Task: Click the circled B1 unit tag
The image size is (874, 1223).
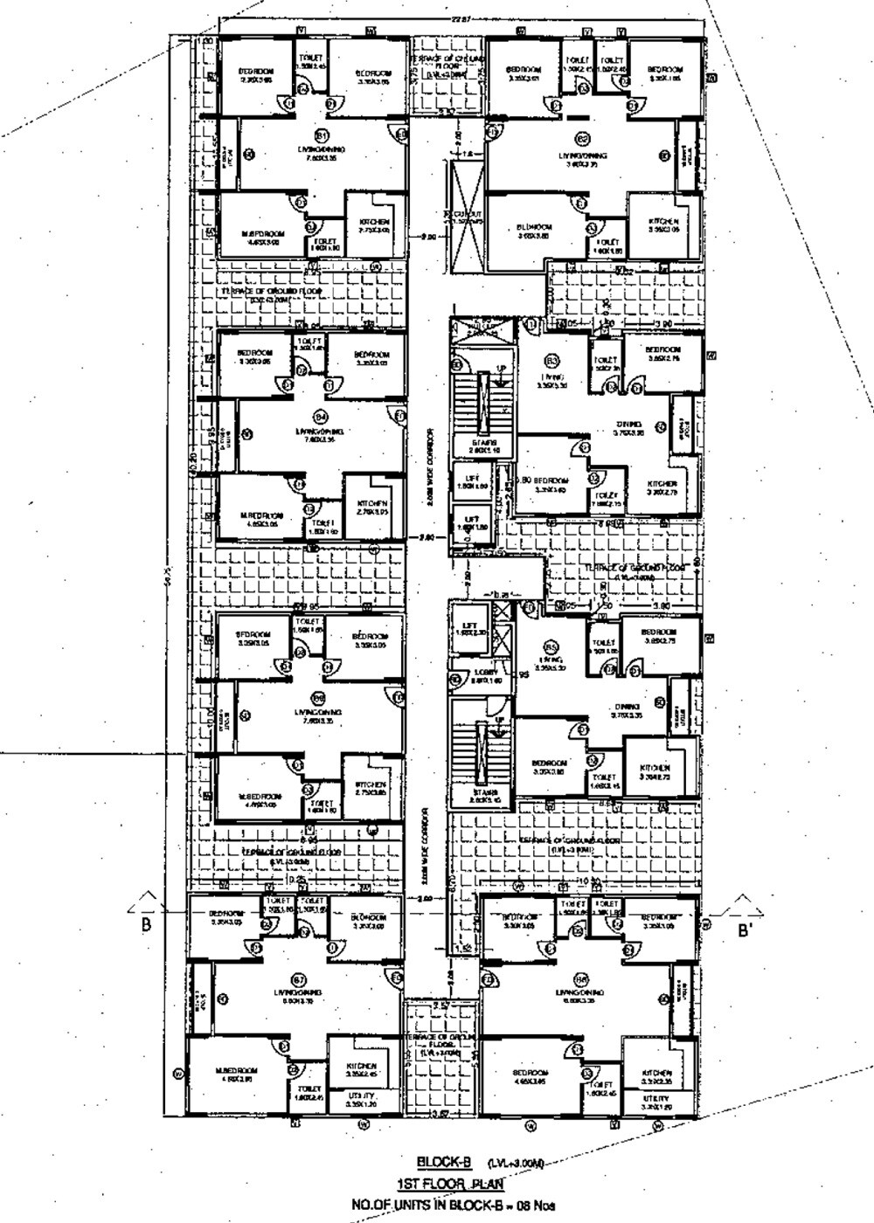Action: coord(321,137)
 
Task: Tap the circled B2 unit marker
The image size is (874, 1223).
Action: coord(583,138)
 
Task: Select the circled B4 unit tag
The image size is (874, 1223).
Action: coord(320,417)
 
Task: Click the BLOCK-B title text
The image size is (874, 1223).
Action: coord(444,1162)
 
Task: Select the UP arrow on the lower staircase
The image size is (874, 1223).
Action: coord(500,721)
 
